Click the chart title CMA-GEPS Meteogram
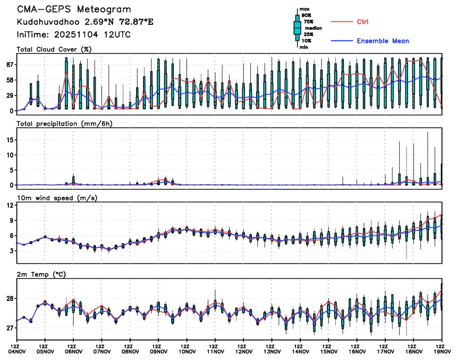pos(74,10)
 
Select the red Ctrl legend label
pos(362,22)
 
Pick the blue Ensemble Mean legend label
pos(383,41)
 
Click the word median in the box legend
pos(313,28)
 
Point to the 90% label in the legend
pos(306,15)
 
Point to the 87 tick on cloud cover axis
pos(9,65)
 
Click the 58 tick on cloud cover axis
pos(9,80)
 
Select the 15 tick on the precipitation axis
pos(9,140)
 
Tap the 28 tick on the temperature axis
pos(9,299)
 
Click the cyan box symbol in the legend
pos(298,28)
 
